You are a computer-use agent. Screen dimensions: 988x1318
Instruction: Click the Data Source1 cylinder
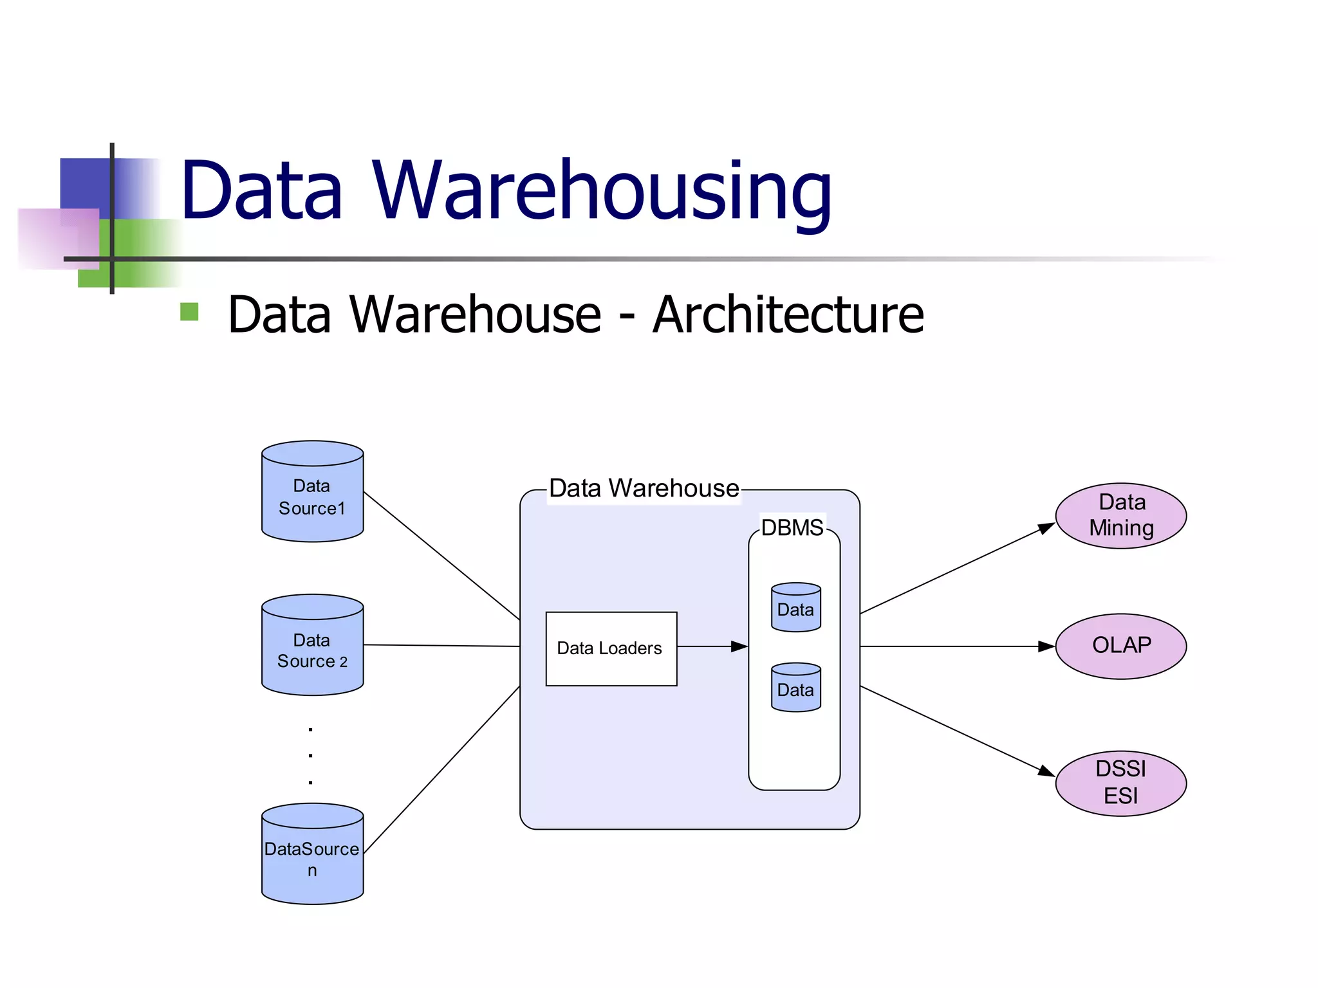coord(312,495)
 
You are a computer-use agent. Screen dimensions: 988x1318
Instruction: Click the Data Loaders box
coord(611,648)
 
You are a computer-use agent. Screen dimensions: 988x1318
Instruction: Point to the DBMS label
coord(792,527)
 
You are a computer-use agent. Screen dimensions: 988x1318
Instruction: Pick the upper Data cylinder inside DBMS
coord(795,608)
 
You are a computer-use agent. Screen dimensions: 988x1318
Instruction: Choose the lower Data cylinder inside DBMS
coord(795,688)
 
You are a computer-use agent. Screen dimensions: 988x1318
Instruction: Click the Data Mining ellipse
coord(1120,515)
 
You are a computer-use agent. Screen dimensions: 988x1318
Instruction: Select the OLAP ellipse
coord(1120,646)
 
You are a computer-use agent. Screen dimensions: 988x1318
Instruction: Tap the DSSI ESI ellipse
coord(1120,783)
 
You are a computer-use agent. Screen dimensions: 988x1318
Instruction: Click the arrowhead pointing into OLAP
coord(1046,646)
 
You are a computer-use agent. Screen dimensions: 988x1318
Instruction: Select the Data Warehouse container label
coord(644,488)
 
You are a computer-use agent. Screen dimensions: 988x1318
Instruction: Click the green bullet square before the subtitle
coord(189,312)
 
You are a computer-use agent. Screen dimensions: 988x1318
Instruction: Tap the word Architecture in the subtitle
coord(788,315)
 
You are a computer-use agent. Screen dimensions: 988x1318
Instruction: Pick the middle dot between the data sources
coord(311,756)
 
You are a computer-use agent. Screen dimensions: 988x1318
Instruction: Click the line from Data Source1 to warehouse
coord(441,555)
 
